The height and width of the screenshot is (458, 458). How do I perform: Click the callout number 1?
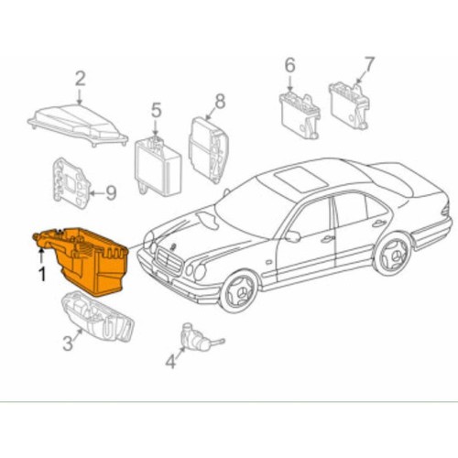[x=42, y=274]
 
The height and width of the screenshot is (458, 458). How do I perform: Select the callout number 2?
[x=80, y=79]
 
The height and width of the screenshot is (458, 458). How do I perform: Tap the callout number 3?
[x=68, y=343]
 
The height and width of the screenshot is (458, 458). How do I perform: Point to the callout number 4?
[x=170, y=362]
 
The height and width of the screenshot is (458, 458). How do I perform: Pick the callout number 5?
[x=156, y=110]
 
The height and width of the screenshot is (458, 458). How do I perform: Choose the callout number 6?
[x=289, y=66]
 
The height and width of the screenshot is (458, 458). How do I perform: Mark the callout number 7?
[x=368, y=64]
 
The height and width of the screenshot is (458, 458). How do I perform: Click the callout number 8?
[x=220, y=101]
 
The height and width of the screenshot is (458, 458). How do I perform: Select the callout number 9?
[x=111, y=192]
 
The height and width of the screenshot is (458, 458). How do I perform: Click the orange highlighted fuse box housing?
[x=84, y=259]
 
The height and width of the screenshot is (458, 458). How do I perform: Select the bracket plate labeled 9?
[x=71, y=183]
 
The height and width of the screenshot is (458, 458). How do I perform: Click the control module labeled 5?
[x=158, y=167]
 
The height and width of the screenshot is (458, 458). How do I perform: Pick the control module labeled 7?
[x=349, y=105]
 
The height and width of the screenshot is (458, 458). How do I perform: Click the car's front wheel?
[x=240, y=292]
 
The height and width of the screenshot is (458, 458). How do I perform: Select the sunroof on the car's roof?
[x=301, y=181]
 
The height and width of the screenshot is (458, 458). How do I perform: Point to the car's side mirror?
[x=292, y=236]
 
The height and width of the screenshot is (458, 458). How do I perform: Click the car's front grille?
[x=169, y=261]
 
